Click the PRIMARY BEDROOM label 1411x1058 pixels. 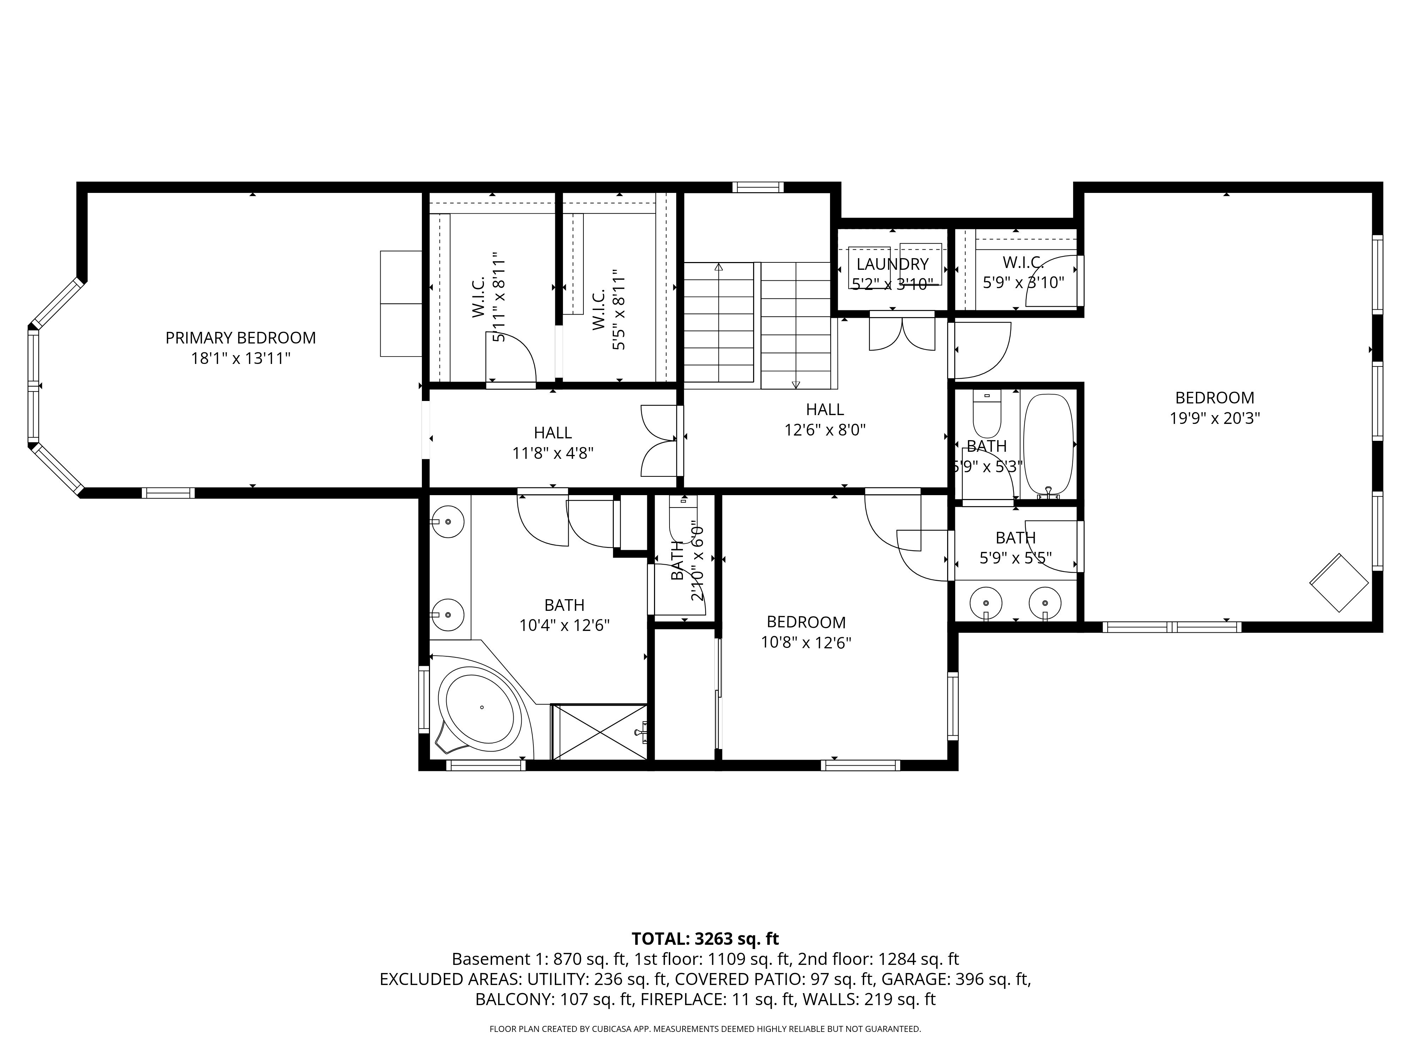click(241, 338)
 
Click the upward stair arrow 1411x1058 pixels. click(719, 267)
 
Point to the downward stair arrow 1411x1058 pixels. click(795, 384)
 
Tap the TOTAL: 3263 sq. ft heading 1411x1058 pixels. click(705, 939)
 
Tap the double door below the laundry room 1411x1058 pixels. click(902, 333)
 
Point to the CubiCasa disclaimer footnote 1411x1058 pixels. click(705, 1029)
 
